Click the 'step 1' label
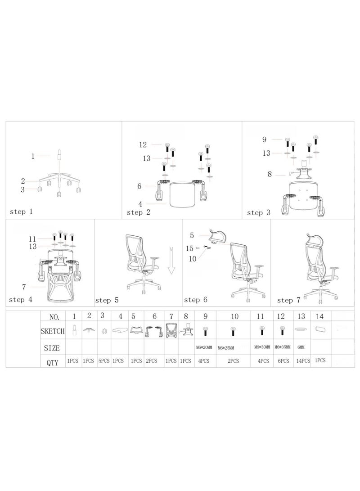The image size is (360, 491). tap(21, 211)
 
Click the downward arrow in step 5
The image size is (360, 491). tap(171, 261)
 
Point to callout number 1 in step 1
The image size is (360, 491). tap(33, 156)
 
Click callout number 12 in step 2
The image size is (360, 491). tap(143, 144)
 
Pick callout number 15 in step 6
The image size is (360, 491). tap(190, 248)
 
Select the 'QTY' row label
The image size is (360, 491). tap(53, 361)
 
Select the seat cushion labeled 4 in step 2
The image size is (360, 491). tap(184, 192)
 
